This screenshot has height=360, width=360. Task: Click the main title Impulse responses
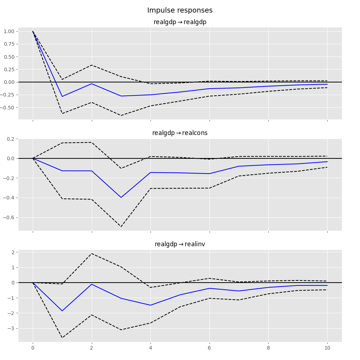[x=180, y=10]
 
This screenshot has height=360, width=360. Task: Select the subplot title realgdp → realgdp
[x=180, y=22]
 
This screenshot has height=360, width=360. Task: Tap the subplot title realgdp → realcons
[x=180, y=133]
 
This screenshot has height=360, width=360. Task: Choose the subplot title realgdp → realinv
[x=180, y=244]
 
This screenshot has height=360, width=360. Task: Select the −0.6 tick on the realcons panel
[x=10, y=217]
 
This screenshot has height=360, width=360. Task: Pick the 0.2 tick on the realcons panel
[x=12, y=139]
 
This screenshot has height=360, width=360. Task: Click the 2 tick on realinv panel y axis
[x=13, y=252]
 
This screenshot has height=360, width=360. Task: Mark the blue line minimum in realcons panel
[x=121, y=197]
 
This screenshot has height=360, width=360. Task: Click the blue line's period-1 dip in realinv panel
[x=62, y=311]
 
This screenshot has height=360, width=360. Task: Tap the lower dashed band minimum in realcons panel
[x=121, y=226]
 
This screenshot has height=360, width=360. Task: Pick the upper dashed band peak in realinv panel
[x=92, y=253]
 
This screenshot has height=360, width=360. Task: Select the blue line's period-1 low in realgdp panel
[x=62, y=96]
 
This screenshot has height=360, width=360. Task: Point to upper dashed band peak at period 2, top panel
[x=92, y=65]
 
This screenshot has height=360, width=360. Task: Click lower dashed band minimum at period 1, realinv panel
[x=62, y=338]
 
